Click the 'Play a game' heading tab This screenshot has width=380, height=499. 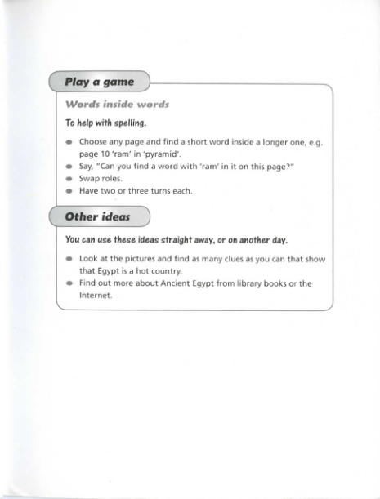tap(99, 82)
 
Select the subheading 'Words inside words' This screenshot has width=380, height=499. tap(117, 105)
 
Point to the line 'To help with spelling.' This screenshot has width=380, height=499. tap(105, 123)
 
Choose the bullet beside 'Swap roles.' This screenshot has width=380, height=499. tap(69, 177)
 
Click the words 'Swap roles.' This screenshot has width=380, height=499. tap(101, 177)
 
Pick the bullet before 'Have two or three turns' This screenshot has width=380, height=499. tap(69, 190)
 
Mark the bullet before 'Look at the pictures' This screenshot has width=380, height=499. tap(69, 258)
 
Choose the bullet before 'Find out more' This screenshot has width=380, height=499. tap(69, 283)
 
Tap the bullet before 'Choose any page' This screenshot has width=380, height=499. tap(69, 141)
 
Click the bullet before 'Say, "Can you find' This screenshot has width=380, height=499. tap(69, 165)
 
